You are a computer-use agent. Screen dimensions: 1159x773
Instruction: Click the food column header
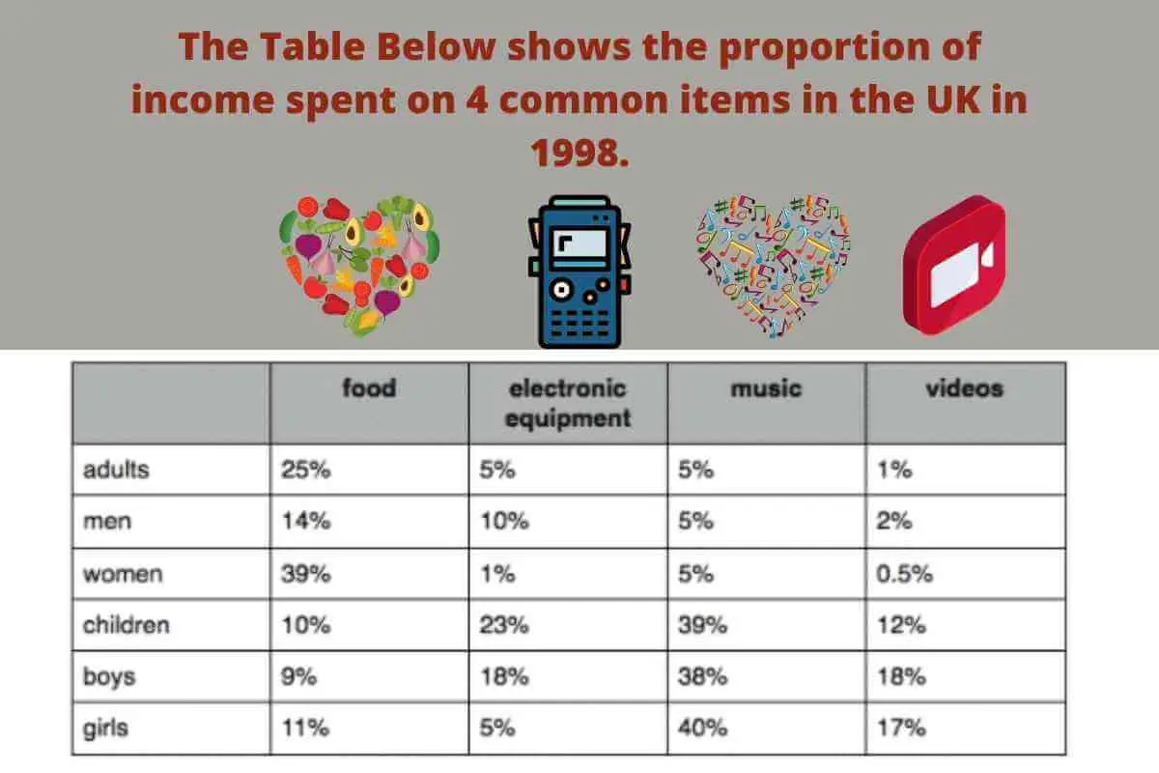pos(369,387)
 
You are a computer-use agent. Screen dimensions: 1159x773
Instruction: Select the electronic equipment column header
pos(568,403)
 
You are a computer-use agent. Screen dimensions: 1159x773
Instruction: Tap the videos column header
pos(965,387)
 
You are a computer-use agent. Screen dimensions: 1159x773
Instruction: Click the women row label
pos(123,574)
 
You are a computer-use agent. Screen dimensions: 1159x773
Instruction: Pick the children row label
pos(127,625)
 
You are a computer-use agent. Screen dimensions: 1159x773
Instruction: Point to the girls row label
pos(105,729)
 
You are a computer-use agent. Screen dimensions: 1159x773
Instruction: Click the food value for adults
pos(306,470)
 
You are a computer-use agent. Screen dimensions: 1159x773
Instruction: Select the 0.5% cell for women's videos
pos(904,574)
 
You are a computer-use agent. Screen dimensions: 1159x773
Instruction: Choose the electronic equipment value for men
pos(505,521)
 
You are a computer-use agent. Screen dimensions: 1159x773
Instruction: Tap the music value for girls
pos(703,728)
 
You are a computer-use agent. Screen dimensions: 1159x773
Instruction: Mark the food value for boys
pos(298,676)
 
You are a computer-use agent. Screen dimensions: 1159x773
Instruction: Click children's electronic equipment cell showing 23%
pos(504,625)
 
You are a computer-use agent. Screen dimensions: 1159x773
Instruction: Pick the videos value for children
pos(901,625)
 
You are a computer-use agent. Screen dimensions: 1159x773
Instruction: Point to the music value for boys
pos(703,676)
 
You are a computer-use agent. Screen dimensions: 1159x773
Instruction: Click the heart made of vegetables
pos(359,265)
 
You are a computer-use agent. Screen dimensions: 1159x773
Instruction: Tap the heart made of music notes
pos(773,265)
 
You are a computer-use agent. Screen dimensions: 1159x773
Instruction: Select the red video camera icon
pos(954,265)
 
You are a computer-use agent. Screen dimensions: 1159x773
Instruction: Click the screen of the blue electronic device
pos(579,244)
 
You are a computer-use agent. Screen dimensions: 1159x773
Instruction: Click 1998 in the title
pos(579,153)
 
